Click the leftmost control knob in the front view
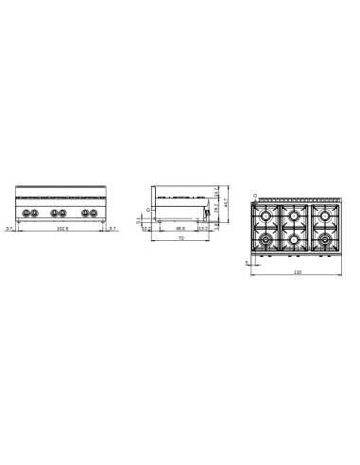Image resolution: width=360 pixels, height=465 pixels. [x=28, y=213]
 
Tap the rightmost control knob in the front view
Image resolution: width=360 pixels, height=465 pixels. [x=95, y=213]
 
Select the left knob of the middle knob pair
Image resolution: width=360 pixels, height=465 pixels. [x=55, y=213]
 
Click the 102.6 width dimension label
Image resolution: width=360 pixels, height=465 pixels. [x=62, y=229]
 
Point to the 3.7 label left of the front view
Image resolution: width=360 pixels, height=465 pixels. [x=9, y=229]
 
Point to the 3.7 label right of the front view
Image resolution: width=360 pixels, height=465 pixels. [x=111, y=229]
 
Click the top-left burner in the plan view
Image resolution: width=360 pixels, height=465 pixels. [x=267, y=218]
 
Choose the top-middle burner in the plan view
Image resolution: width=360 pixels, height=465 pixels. [x=297, y=218]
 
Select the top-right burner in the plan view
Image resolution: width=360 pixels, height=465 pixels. [x=326, y=218]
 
